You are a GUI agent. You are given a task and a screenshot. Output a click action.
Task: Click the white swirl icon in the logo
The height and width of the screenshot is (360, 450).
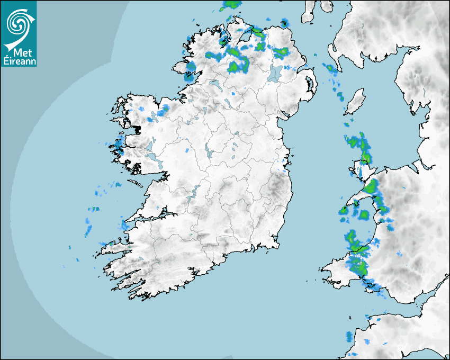pyautogui.click(x=19, y=22)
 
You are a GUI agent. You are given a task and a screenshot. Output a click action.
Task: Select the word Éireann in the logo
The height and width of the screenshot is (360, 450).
pyautogui.click(x=19, y=61)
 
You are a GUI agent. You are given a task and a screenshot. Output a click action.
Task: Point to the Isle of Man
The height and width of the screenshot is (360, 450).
pyautogui.click(x=356, y=101)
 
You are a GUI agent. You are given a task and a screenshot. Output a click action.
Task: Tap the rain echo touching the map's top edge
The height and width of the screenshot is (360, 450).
pyautogui.click(x=231, y=5)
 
